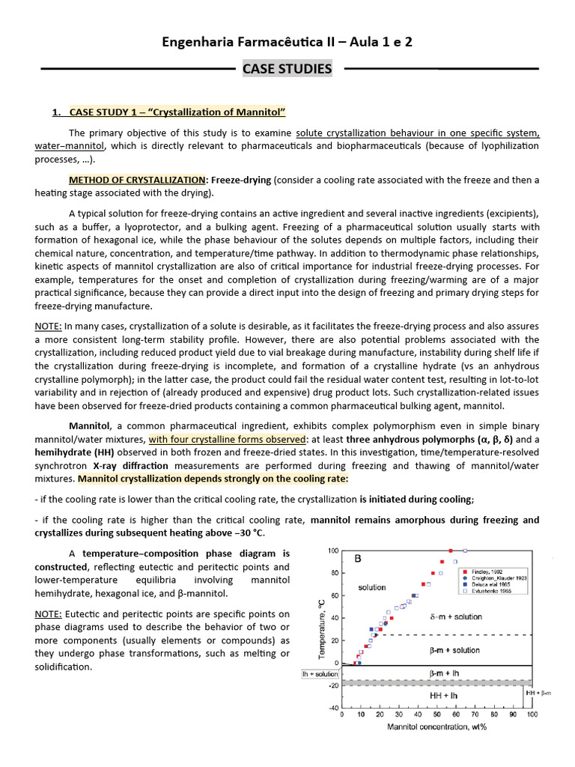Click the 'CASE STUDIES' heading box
pos(287,69)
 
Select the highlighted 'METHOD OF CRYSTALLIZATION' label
pos(137,181)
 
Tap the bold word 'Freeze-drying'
pos(242,181)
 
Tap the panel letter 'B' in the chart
pos(358,558)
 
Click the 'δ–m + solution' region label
pos(455,617)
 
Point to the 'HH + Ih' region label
pos(445,696)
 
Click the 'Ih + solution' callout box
pos(320,674)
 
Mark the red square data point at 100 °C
pos(450,551)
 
